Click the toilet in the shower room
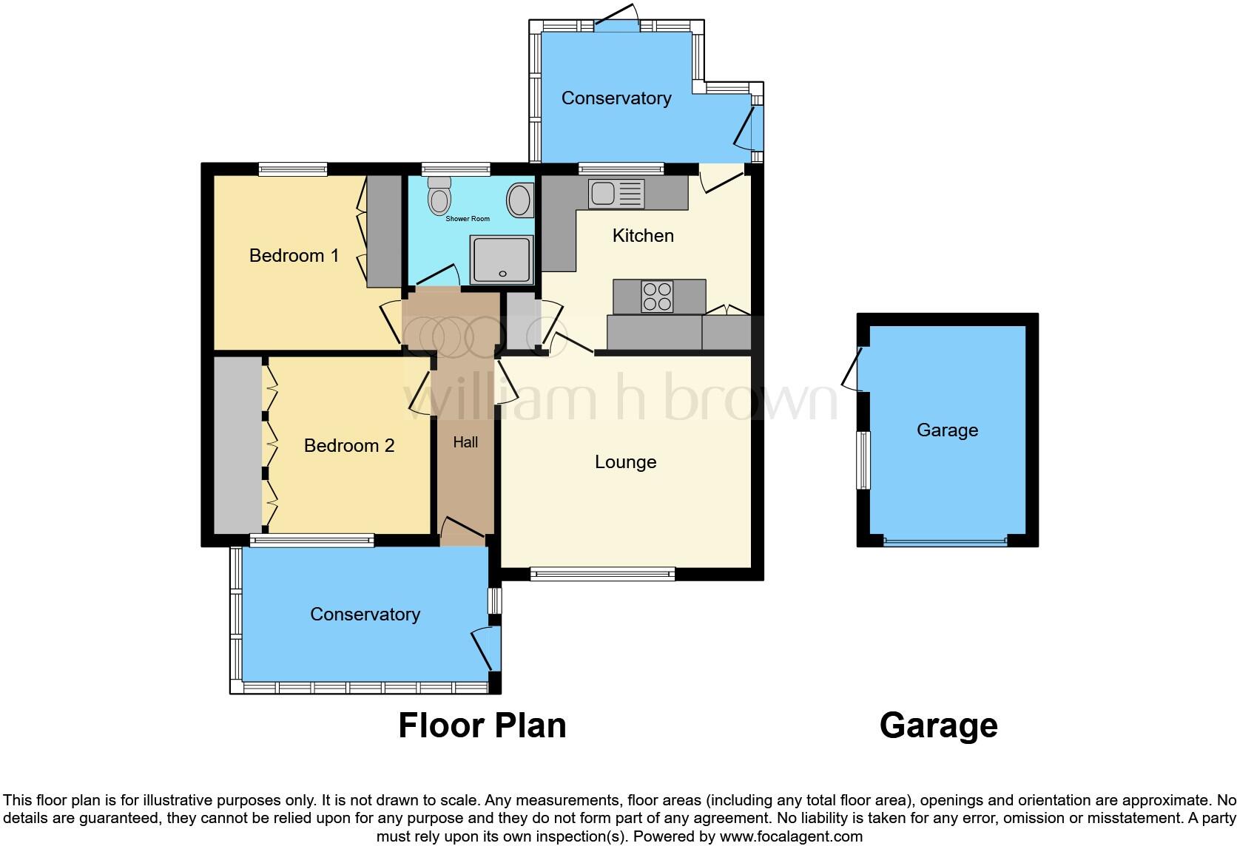pyautogui.click(x=439, y=197)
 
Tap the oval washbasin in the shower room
pyautogui.click(x=519, y=200)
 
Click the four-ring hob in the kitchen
pyautogui.click(x=657, y=297)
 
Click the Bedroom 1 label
pyautogui.click(x=294, y=256)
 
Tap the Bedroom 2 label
pyautogui.click(x=348, y=446)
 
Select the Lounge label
pyautogui.click(x=625, y=462)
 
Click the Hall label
pyautogui.click(x=465, y=442)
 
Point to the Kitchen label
pyautogui.click(x=643, y=236)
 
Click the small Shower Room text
pyautogui.click(x=467, y=219)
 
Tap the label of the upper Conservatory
pyautogui.click(x=616, y=98)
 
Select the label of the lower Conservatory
pyautogui.click(x=365, y=615)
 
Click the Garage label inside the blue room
pyautogui.click(x=947, y=430)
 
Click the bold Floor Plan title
pyautogui.click(x=482, y=725)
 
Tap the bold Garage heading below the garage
pyautogui.click(x=938, y=725)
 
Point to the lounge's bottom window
pyautogui.click(x=602, y=573)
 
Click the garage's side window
pyautogui.click(x=863, y=460)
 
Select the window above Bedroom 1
pyautogui.click(x=293, y=169)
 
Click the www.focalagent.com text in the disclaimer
pyautogui.click(x=790, y=837)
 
